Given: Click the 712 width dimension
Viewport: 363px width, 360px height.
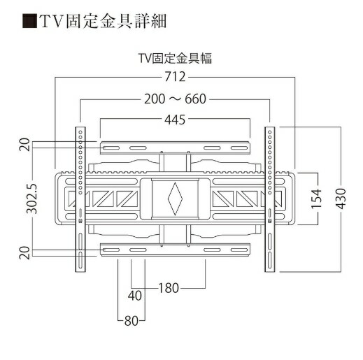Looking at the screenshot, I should pos(175,76).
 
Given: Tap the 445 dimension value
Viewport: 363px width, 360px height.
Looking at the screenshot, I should pos(175,120).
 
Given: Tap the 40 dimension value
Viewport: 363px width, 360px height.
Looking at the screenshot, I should pos(136,296).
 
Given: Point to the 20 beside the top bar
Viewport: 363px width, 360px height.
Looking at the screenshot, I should pos(24,145).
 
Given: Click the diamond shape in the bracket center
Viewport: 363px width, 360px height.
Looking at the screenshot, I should pos(174,198).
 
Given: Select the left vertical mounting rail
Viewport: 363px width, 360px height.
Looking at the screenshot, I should pos(81,199).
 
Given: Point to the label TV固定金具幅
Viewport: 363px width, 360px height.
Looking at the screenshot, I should pos(175,59).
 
